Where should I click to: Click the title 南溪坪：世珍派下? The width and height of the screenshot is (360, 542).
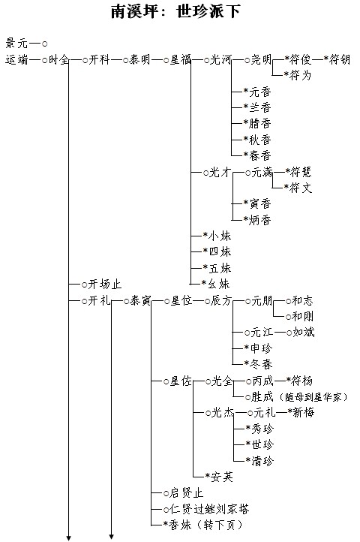click(x=175, y=11)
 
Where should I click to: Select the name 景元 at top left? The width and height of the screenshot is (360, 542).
click(x=16, y=44)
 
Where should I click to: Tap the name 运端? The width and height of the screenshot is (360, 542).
click(x=16, y=59)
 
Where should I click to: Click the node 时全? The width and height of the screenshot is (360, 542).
click(x=58, y=59)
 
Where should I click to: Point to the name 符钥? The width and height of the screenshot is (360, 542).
click(x=339, y=59)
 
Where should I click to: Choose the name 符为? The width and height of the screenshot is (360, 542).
click(x=301, y=75)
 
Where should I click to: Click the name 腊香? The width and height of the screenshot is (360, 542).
click(x=259, y=123)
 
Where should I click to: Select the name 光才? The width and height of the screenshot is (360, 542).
click(x=220, y=172)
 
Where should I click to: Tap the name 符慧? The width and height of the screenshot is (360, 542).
click(x=301, y=172)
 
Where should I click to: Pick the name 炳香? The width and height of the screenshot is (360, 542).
click(x=259, y=220)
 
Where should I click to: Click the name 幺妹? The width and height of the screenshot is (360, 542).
click(x=219, y=284)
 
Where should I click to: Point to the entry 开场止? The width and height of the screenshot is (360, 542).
click(x=105, y=284)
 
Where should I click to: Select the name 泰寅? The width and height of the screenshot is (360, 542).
click(x=140, y=300)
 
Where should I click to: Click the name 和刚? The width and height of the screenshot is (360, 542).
click(x=303, y=316)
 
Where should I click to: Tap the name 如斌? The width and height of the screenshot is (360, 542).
click(x=304, y=333)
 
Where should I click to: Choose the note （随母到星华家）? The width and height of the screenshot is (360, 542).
click(x=314, y=397)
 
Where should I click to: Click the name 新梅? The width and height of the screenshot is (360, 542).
click(x=303, y=412)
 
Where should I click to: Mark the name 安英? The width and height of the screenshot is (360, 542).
click(x=222, y=477)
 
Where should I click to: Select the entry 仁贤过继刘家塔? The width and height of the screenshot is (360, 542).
click(x=209, y=509)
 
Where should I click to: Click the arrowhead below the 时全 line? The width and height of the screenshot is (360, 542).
click(x=69, y=537)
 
